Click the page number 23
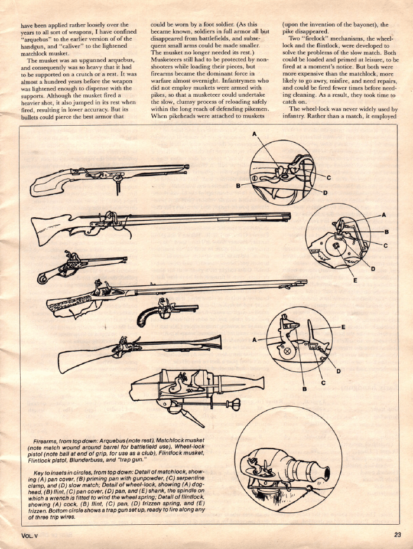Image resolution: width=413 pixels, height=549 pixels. point(397,534)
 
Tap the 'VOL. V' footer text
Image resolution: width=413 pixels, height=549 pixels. point(29,535)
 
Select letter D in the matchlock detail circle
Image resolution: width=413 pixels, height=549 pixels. point(326,192)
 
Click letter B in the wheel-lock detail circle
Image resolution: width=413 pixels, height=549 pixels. point(387,231)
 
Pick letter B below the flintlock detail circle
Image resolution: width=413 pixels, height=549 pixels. point(305,388)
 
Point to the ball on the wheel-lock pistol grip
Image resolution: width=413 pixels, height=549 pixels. point(41,279)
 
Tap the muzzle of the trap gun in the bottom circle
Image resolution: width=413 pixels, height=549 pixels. point(323,475)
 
